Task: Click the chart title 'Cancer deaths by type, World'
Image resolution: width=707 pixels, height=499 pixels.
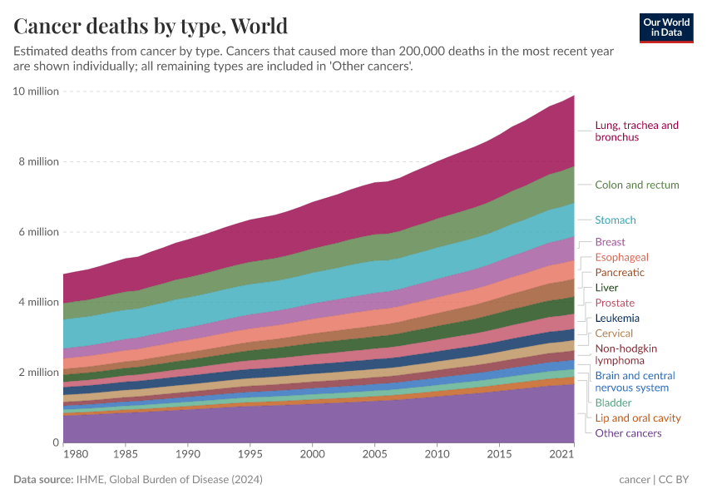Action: [x=151, y=26]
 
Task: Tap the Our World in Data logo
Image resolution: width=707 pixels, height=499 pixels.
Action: [x=666, y=27]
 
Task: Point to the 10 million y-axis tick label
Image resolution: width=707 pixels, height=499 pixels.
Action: [x=36, y=91]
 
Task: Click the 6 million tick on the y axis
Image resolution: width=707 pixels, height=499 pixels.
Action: [x=38, y=231]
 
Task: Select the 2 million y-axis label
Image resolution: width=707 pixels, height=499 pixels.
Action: [x=38, y=372]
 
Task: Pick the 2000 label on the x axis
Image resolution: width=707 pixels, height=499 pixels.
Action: [x=312, y=456]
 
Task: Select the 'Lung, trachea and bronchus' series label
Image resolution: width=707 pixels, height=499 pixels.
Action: [x=636, y=131]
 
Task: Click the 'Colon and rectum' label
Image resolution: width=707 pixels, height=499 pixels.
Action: [x=636, y=185]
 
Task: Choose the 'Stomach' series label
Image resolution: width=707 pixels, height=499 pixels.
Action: [x=615, y=220]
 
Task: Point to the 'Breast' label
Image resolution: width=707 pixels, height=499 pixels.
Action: [x=610, y=242]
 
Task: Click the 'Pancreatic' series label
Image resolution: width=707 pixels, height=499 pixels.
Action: [x=620, y=273]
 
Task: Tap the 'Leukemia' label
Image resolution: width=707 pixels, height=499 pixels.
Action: [x=617, y=319]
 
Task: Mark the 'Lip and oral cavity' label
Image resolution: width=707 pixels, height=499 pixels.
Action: [x=637, y=418]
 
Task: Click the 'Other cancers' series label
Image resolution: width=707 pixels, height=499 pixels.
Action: [x=628, y=433]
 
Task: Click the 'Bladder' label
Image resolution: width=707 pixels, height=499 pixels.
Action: [x=613, y=403]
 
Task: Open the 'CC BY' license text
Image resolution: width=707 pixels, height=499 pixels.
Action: [x=676, y=480]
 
